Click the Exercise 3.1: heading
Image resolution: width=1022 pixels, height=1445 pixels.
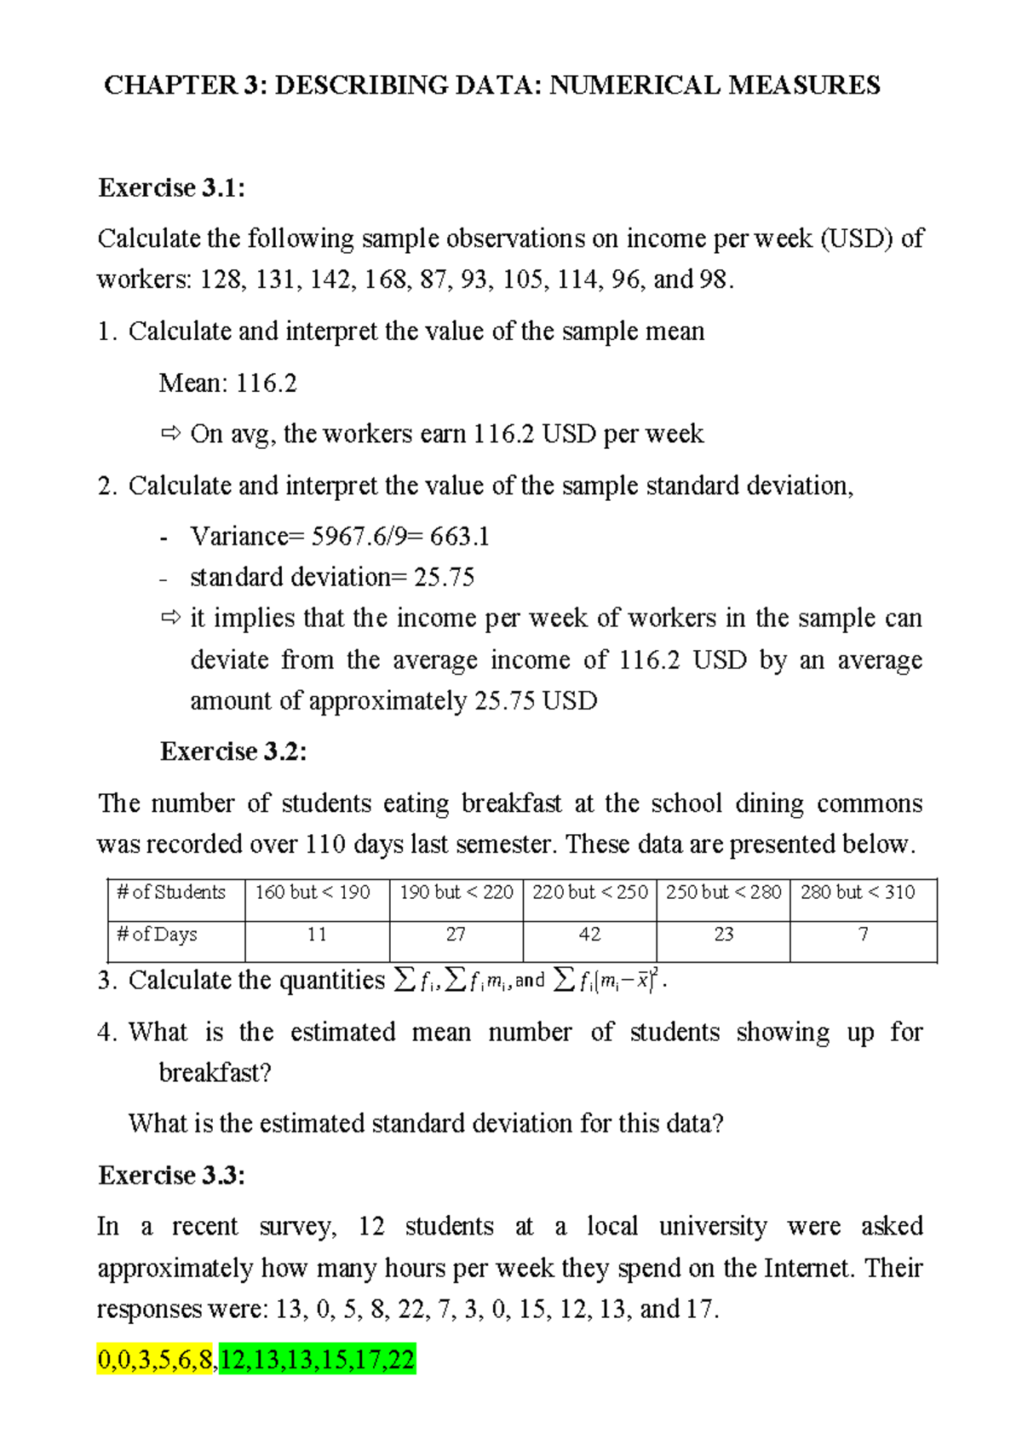click(x=171, y=187)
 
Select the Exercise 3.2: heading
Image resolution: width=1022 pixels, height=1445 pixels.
click(x=233, y=751)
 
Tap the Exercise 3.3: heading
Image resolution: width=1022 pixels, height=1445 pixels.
click(x=171, y=1176)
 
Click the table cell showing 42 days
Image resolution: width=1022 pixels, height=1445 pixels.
click(x=589, y=935)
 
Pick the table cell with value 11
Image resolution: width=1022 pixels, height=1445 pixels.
click(x=317, y=935)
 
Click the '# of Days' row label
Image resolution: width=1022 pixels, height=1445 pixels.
click(x=157, y=935)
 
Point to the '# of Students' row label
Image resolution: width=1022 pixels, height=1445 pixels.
click(x=171, y=892)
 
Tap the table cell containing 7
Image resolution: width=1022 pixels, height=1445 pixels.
click(x=863, y=935)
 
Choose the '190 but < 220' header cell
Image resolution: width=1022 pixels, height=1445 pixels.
click(x=456, y=892)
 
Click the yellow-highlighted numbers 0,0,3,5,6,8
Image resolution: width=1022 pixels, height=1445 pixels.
click(x=156, y=1360)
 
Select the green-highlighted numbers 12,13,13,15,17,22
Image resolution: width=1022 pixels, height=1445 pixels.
click(x=317, y=1360)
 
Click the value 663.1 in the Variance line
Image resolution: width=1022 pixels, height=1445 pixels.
click(x=460, y=537)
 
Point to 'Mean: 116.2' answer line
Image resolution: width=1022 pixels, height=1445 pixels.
click(x=228, y=383)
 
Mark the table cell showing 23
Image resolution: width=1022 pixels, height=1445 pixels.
click(x=724, y=935)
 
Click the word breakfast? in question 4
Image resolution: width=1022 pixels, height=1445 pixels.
click(x=215, y=1073)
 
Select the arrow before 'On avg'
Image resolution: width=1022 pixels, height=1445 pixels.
click(x=170, y=434)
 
